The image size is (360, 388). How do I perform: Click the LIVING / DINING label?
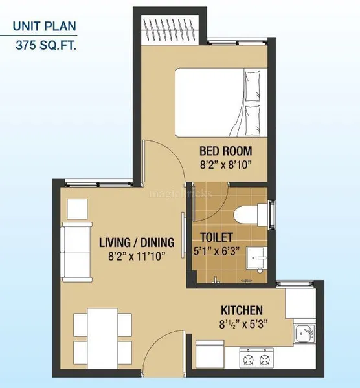click(x=136, y=243)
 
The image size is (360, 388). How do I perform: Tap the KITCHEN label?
click(x=241, y=310)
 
